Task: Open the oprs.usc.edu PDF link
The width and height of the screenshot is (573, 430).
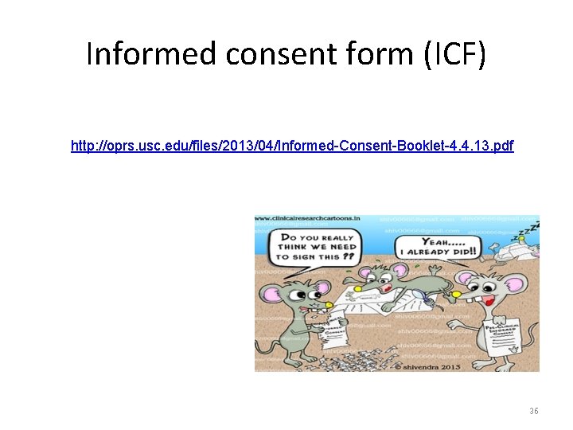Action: (292, 146)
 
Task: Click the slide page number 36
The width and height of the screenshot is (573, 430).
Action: (534, 411)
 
